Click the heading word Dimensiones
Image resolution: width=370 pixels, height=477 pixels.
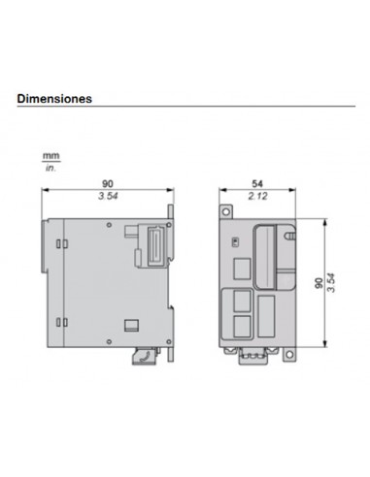pyautogui.click(x=54, y=98)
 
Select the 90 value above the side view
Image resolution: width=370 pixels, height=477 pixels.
pyautogui.click(x=108, y=184)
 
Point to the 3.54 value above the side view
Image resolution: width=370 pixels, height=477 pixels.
pyautogui.click(x=108, y=197)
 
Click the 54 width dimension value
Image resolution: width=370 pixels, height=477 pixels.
pyautogui.click(x=257, y=184)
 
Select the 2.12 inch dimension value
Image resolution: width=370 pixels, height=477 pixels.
pyautogui.click(x=257, y=197)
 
